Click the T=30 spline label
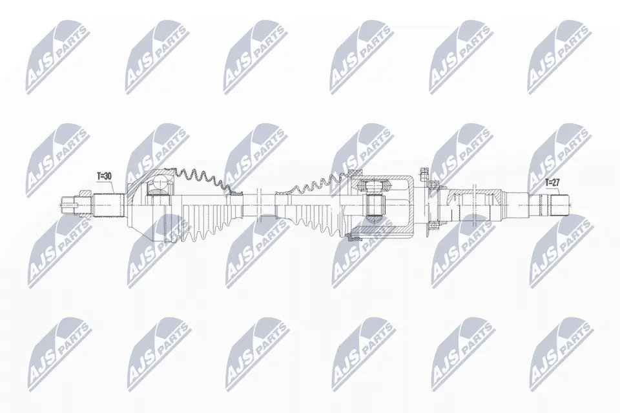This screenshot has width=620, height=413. (x=104, y=176)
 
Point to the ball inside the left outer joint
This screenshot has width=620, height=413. (x=160, y=183)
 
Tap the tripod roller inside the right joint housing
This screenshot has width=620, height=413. (x=374, y=201)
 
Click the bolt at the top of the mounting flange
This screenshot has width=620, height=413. (x=425, y=174)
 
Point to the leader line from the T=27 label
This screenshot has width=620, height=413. (x=556, y=191)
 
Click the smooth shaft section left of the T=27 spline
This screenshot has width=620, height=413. (x=517, y=205)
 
